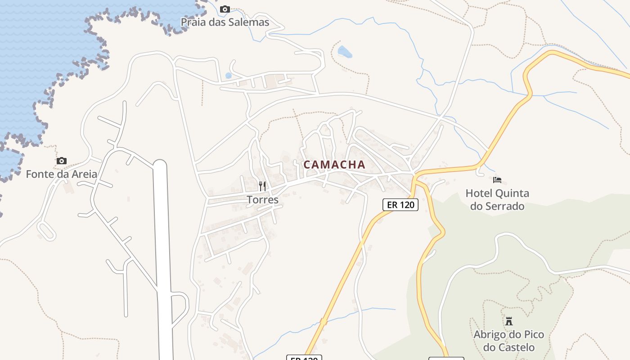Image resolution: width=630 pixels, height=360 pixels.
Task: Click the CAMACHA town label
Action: coord(334,165)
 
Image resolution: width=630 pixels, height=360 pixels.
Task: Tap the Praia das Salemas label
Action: coord(225,22)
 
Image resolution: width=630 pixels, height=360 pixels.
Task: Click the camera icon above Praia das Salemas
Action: coord(225,9)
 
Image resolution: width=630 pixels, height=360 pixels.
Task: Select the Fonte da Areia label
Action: coord(62,174)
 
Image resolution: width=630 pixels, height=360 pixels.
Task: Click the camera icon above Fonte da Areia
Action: coord(62,161)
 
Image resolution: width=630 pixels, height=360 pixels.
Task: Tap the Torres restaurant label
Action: coord(263,199)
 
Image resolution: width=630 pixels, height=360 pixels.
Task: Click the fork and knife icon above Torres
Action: coord(262,186)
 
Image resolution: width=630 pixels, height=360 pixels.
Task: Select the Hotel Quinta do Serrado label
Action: coord(497,200)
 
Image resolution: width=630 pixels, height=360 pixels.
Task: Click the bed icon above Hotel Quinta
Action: coord(497,180)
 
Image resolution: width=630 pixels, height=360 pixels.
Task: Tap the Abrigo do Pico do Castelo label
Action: coord(508,341)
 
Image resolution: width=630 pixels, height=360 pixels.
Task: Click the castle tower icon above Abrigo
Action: coord(509,321)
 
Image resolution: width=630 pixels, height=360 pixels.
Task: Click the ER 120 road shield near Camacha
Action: coord(400,205)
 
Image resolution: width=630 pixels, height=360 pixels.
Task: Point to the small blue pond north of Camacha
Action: coord(345,52)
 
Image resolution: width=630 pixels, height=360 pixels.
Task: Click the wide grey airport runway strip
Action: coord(162,252)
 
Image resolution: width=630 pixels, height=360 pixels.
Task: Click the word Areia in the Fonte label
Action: coord(84,174)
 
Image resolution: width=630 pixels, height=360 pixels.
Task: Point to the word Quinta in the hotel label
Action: coord(512,193)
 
